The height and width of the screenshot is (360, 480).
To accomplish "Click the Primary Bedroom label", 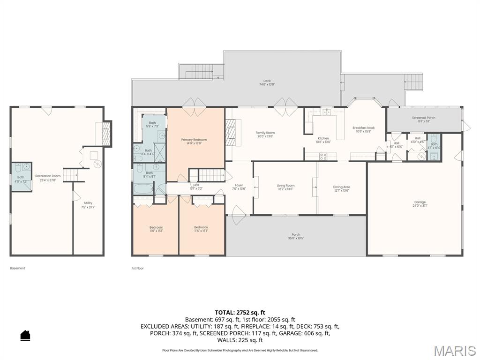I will [194, 140].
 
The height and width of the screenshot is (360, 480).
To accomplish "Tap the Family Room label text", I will [265, 133].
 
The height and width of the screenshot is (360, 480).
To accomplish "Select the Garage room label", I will [419, 202].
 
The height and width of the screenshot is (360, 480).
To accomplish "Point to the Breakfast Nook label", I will [363, 128].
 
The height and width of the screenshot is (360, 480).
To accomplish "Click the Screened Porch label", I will [423, 118].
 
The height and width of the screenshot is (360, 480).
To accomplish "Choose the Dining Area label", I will [342, 187].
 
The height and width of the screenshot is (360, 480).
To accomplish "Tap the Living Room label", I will [285, 186].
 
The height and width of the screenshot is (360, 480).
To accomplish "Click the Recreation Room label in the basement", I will [48, 176].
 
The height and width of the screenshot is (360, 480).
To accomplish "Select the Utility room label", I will [88, 203].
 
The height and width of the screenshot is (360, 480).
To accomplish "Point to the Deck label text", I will [267, 81].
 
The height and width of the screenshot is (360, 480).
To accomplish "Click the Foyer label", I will [239, 186].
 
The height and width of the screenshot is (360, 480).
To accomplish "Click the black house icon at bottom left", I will [25, 335].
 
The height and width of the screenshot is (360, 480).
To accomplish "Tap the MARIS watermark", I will [454, 350].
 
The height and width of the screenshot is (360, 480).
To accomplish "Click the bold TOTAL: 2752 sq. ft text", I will [240, 312].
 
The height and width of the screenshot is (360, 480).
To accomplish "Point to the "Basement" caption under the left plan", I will [17, 268].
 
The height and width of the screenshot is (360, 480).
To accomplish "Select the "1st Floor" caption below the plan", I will [138, 268].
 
